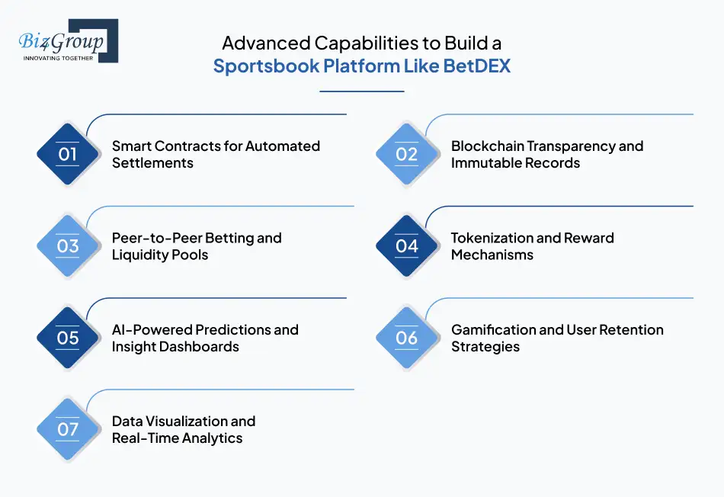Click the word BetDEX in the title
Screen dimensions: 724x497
point(482,66)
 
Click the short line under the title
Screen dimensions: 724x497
point(361,91)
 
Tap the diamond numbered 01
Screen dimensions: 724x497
point(68,155)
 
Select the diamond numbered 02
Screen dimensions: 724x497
point(407,155)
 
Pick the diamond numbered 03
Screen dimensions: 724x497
point(68,246)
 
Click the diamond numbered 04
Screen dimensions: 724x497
point(407,246)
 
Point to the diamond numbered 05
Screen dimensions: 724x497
point(68,338)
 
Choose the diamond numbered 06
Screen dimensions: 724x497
point(407,338)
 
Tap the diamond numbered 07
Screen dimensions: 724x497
point(68,429)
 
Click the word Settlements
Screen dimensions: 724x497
point(152,163)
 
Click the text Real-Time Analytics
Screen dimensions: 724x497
point(177,438)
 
